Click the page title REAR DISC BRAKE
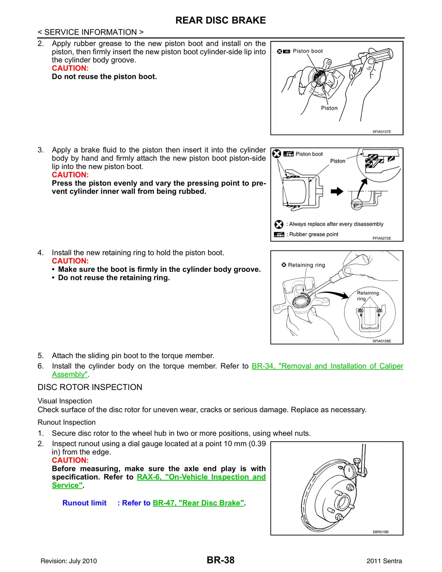[x=221, y=20]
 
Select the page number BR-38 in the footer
[x=221, y=560]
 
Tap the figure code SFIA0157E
[x=382, y=131]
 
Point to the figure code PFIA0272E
[x=382, y=238]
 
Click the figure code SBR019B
[x=380, y=532]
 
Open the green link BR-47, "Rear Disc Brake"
[x=199, y=503]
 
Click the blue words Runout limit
[x=84, y=503]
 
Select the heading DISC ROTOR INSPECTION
[x=90, y=387]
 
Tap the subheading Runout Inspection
[x=66, y=422]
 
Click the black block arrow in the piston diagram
[x=337, y=191]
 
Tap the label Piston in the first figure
[x=329, y=108]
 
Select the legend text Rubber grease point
[x=314, y=234]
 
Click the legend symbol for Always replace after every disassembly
[x=279, y=224]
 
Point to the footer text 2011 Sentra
[x=384, y=561]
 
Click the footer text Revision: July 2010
[x=69, y=561]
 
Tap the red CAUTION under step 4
[x=70, y=261]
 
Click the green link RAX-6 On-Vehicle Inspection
[x=201, y=477]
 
